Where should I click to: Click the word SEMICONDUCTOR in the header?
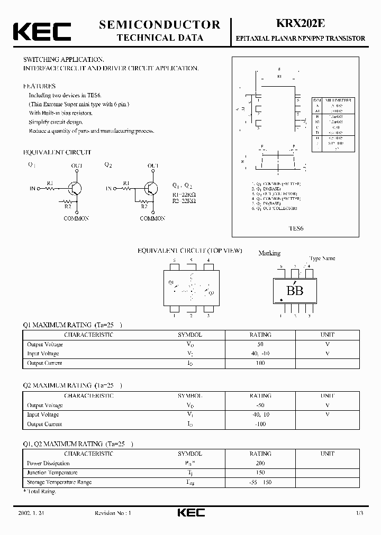point(159,24)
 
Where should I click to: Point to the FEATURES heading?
point(39,86)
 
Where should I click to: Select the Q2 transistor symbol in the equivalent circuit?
point(151,189)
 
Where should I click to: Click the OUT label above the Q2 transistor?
point(153,165)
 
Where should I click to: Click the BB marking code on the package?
point(295,290)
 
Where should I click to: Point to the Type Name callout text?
point(322,259)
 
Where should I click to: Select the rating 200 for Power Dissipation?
point(260,463)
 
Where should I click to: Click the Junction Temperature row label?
point(52,473)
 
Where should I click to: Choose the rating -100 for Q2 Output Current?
point(260,424)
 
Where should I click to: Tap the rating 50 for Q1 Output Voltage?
point(260,344)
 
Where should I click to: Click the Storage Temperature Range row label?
point(59,482)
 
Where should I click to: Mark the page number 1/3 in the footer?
point(359,513)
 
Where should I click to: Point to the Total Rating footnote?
point(40,492)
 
